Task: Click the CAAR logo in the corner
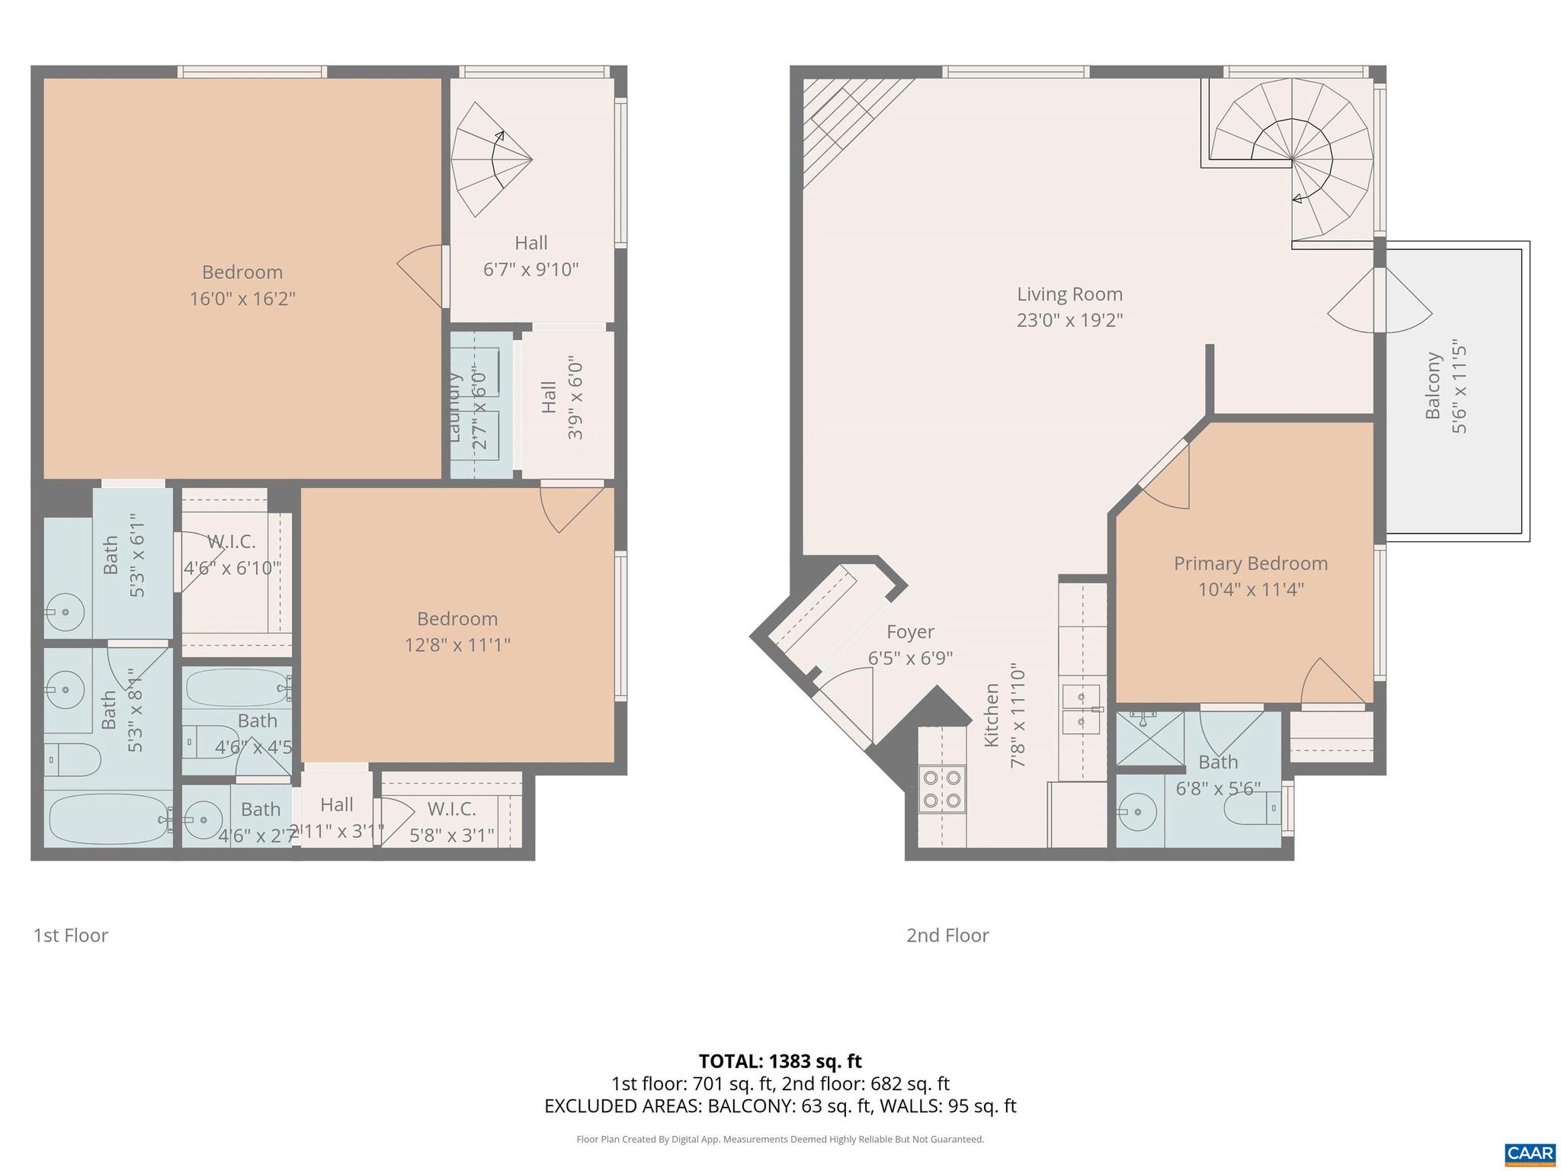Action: coord(1530,1153)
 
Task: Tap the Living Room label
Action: coord(1069,294)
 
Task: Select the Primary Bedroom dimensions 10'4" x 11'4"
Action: coord(1251,589)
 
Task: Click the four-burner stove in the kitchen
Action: coord(942,789)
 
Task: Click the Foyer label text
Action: coord(910,632)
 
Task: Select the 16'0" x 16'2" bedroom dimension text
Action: coord(242,298)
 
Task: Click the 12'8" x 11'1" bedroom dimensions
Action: coord(457,645)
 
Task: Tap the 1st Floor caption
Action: coord(71,935)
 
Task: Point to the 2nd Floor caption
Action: coord(947,935)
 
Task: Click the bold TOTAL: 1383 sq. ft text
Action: coord(780,1061)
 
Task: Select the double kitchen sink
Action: coord(1082,709)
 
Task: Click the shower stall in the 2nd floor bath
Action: coord(1149,738)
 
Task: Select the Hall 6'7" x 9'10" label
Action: coord(531,256)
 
